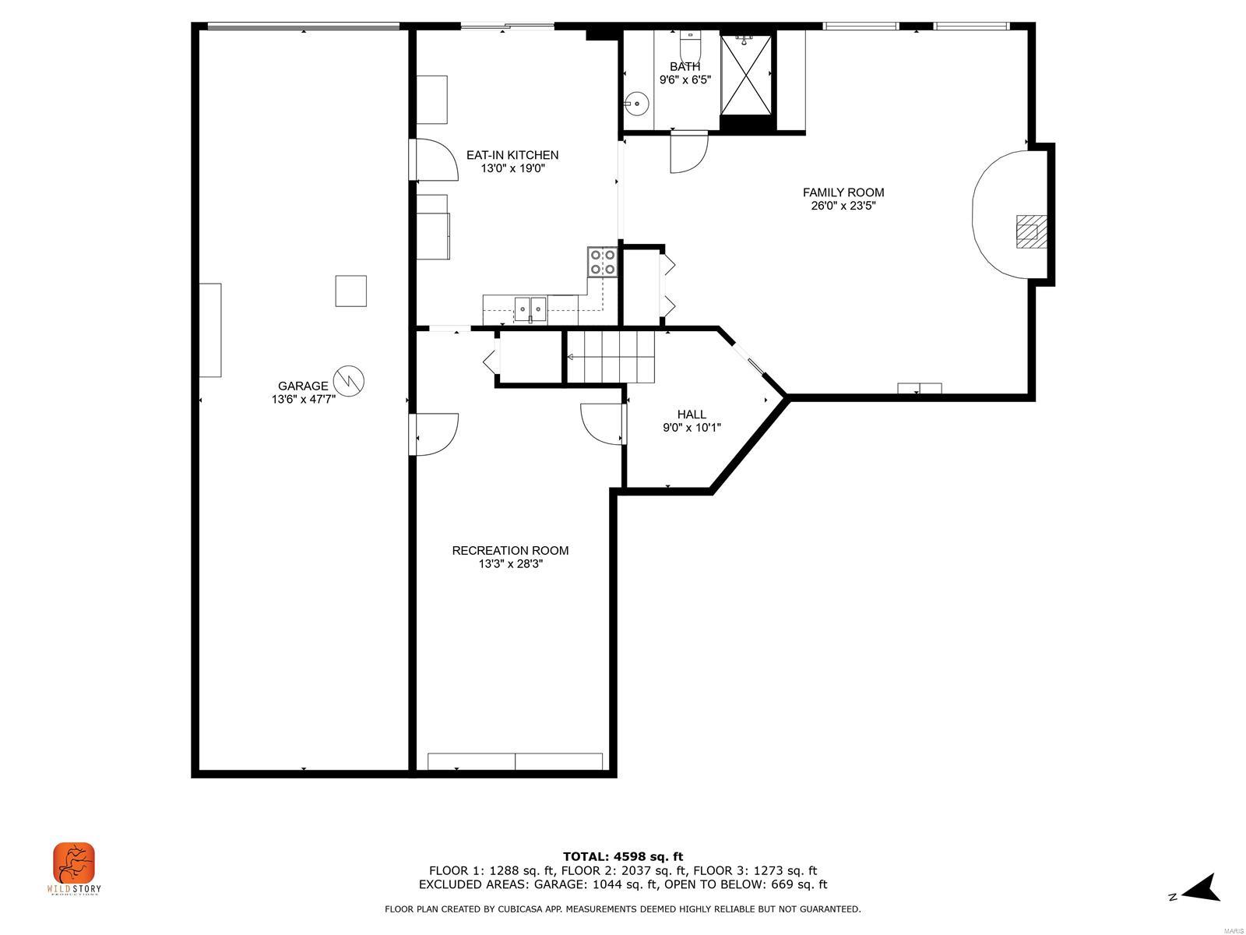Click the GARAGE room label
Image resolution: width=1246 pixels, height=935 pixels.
(303, 386)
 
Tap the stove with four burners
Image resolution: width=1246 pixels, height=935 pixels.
(603, 262)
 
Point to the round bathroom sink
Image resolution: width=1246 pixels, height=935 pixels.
(636, 102)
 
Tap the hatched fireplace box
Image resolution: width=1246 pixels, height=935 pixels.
(1030, 231)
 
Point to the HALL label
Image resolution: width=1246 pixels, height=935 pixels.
(692, 415)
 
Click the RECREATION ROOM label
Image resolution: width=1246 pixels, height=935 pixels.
(510, 550)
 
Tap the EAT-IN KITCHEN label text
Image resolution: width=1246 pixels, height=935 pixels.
(512, 155)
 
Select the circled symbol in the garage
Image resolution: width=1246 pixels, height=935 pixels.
(349, 380)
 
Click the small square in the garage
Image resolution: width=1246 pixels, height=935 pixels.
(350, 291)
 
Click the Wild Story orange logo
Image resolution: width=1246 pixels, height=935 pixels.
(74, 863)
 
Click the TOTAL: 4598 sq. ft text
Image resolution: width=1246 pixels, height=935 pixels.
(622, 856)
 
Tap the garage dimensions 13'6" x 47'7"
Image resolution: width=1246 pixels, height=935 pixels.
(303, 399)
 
